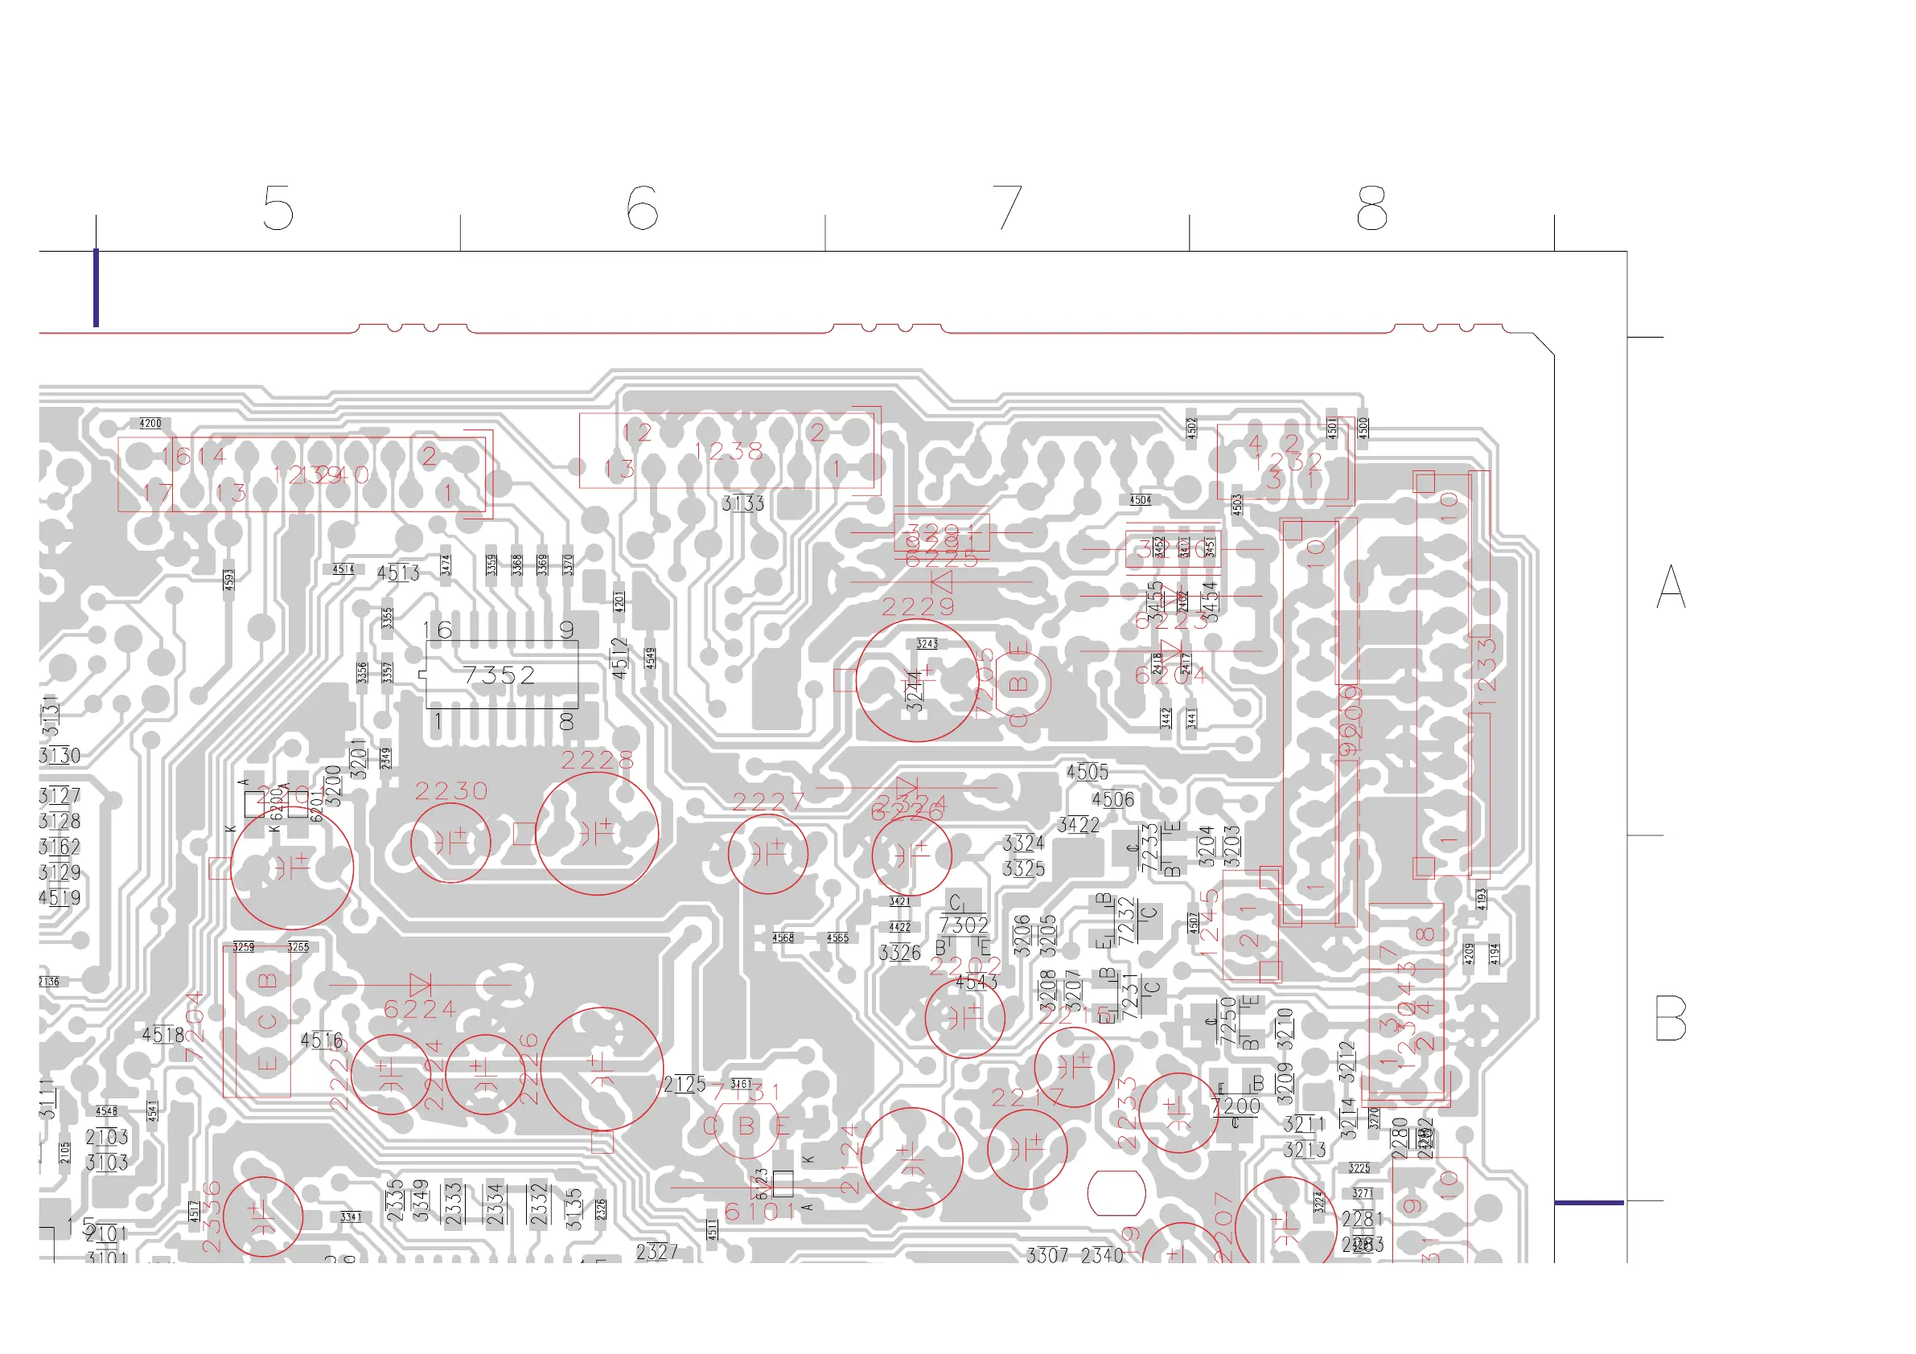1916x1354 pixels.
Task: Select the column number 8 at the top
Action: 1371,208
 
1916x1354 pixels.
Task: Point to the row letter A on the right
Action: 1671,586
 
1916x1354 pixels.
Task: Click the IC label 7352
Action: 499,675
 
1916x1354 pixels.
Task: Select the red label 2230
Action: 451,791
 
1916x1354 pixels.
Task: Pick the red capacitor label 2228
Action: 598,760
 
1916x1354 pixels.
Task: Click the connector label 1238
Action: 729,451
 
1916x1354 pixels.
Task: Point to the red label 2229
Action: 918,606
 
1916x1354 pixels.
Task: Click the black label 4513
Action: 398,573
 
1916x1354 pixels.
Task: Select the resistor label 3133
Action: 742,503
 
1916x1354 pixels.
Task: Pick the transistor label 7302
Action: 964,925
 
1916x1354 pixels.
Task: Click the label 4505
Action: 1088,773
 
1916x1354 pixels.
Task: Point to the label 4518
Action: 162,1036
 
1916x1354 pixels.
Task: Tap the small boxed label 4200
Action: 150,424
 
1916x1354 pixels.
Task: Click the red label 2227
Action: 767,802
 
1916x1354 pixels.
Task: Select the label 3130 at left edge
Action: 60,756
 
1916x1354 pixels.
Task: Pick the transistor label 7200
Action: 1236,1107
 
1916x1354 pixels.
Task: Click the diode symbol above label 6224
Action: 420,984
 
